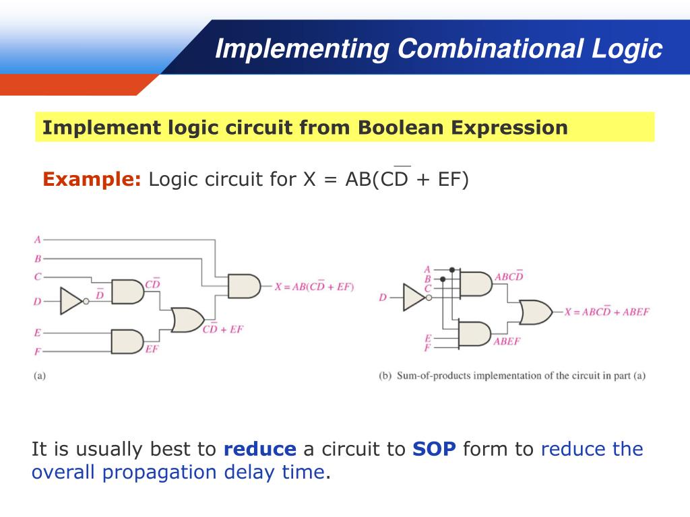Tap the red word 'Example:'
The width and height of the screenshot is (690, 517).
(92, 180)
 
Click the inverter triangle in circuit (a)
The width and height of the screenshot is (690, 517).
(71, 301)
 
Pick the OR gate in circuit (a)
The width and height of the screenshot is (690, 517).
(188, 319)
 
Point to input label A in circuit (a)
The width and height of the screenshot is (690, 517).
(38, 239)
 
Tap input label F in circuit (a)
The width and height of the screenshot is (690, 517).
(38, 351)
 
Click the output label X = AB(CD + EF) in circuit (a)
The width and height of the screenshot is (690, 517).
(314, 287)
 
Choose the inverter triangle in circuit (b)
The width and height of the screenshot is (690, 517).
(414, 297)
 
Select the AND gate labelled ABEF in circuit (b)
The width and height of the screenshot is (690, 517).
(475, 333)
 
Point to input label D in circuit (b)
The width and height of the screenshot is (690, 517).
(383, 297)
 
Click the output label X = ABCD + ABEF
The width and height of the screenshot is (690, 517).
(606, 312)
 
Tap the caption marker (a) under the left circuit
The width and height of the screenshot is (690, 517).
(40, 376)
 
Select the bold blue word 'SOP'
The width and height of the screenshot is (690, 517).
(434, 449)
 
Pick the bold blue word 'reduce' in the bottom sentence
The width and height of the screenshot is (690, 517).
(259, 449)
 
